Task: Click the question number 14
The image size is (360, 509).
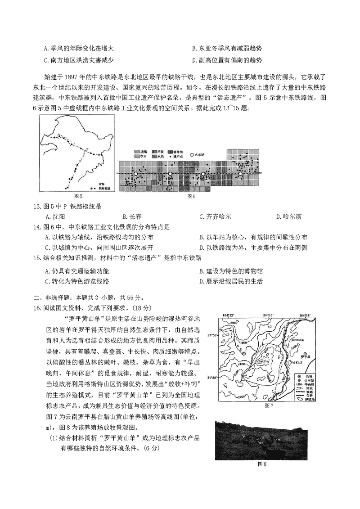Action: [38, 226]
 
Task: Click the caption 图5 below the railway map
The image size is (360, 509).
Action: [78, 196]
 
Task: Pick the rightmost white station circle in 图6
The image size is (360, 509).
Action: [240, 173]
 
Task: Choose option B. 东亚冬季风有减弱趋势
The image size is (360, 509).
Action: [227, 49]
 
